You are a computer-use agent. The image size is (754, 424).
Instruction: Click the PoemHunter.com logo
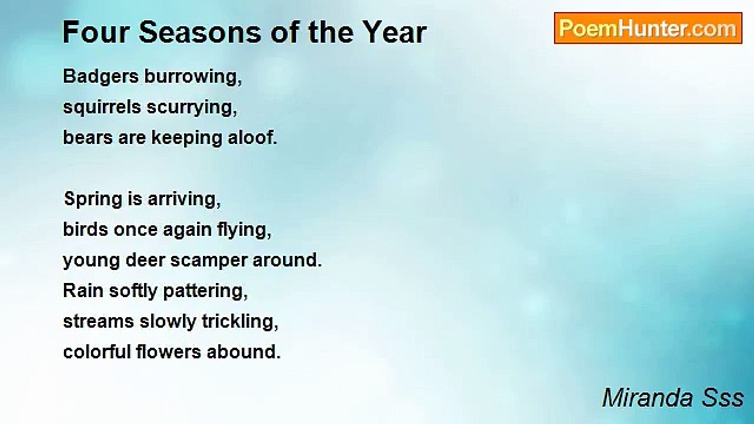coord(648,28)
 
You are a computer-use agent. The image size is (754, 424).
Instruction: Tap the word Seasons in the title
coord(200,32)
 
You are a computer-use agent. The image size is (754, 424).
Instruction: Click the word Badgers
coord(101,77)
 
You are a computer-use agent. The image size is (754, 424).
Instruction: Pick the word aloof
coord(253,138)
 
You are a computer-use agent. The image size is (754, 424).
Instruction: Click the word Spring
coord(93,200)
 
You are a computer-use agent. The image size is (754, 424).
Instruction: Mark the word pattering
coord(206,291)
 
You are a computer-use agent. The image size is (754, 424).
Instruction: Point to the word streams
coord(98,322)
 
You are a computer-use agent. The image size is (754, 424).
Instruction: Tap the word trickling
coord(240,322)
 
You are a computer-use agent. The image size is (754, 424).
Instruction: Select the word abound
coord(244,352)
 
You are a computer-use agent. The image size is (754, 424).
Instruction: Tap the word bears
coord(88,138)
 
